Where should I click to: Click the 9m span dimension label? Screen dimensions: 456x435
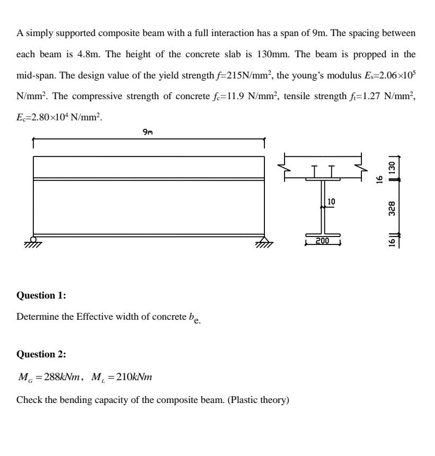point(148,133)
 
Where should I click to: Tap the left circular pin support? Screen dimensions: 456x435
point(33,240)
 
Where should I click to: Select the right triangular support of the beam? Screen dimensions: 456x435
point(264,241)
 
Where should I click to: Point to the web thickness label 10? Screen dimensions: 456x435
point(332,201)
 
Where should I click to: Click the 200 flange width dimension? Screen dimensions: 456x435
point(322,241)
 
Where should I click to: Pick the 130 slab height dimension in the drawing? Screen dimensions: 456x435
point(392,167)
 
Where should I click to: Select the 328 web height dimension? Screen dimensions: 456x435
point(392,207)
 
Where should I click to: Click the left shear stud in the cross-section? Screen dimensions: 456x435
point(315,171)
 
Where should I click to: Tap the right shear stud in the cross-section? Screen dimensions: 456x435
point(332,171)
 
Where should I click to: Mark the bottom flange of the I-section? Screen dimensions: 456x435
point(323,234)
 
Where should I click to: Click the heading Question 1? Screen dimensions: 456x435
point(41,295)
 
